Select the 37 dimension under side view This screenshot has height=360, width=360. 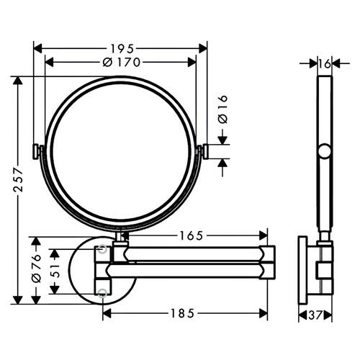(315, 315)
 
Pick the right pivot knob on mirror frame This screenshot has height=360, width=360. (206, 150)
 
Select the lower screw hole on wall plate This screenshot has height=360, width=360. (103, 292)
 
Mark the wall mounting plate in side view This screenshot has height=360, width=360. (306, 270)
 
